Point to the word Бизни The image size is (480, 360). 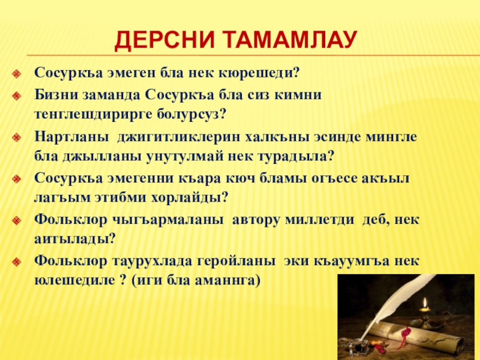pos(56,95)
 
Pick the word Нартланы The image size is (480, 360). pos(71,137)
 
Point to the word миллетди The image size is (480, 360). pos(320,220)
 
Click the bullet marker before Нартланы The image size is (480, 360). pos(16,137)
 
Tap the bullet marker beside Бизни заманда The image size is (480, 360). pos(16,96)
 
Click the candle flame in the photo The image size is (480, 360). pos(425,303)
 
